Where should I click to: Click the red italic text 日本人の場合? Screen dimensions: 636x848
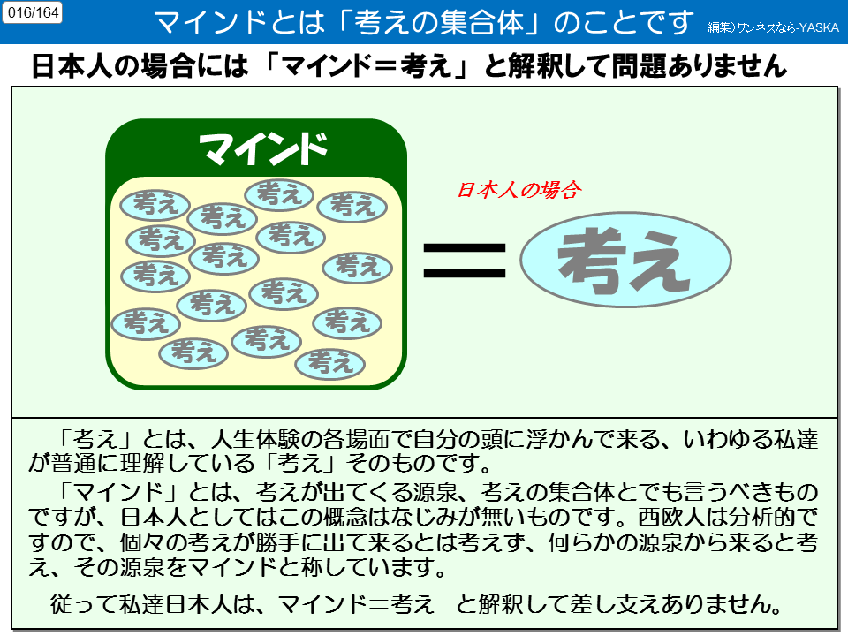pyautogui.click(x=518, y=190)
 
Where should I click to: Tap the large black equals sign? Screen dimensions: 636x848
pyautogui.click(x=466, y=260)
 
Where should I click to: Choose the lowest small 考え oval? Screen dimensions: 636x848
pyautogui.click(x=329, y=362)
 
